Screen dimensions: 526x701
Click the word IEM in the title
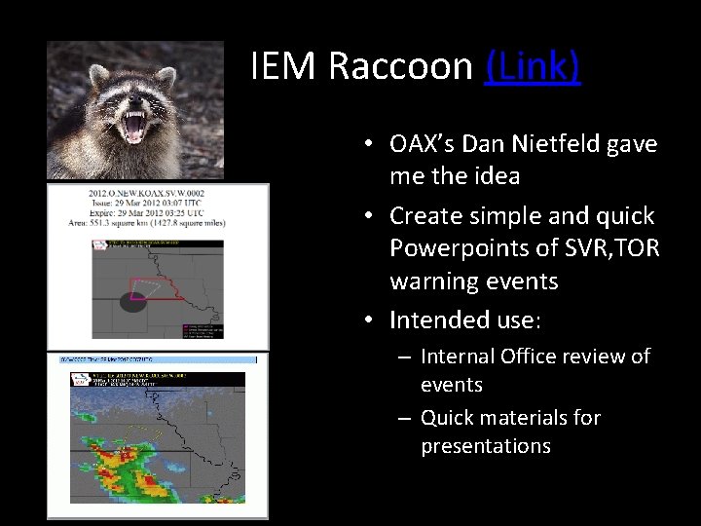[283, 66]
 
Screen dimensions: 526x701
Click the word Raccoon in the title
[400, 66]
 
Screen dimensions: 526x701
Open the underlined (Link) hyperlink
[532, 66]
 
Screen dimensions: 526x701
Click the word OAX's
[423, 144]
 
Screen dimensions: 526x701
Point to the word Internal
[459, 357]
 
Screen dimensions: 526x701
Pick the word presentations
[485, 446]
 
